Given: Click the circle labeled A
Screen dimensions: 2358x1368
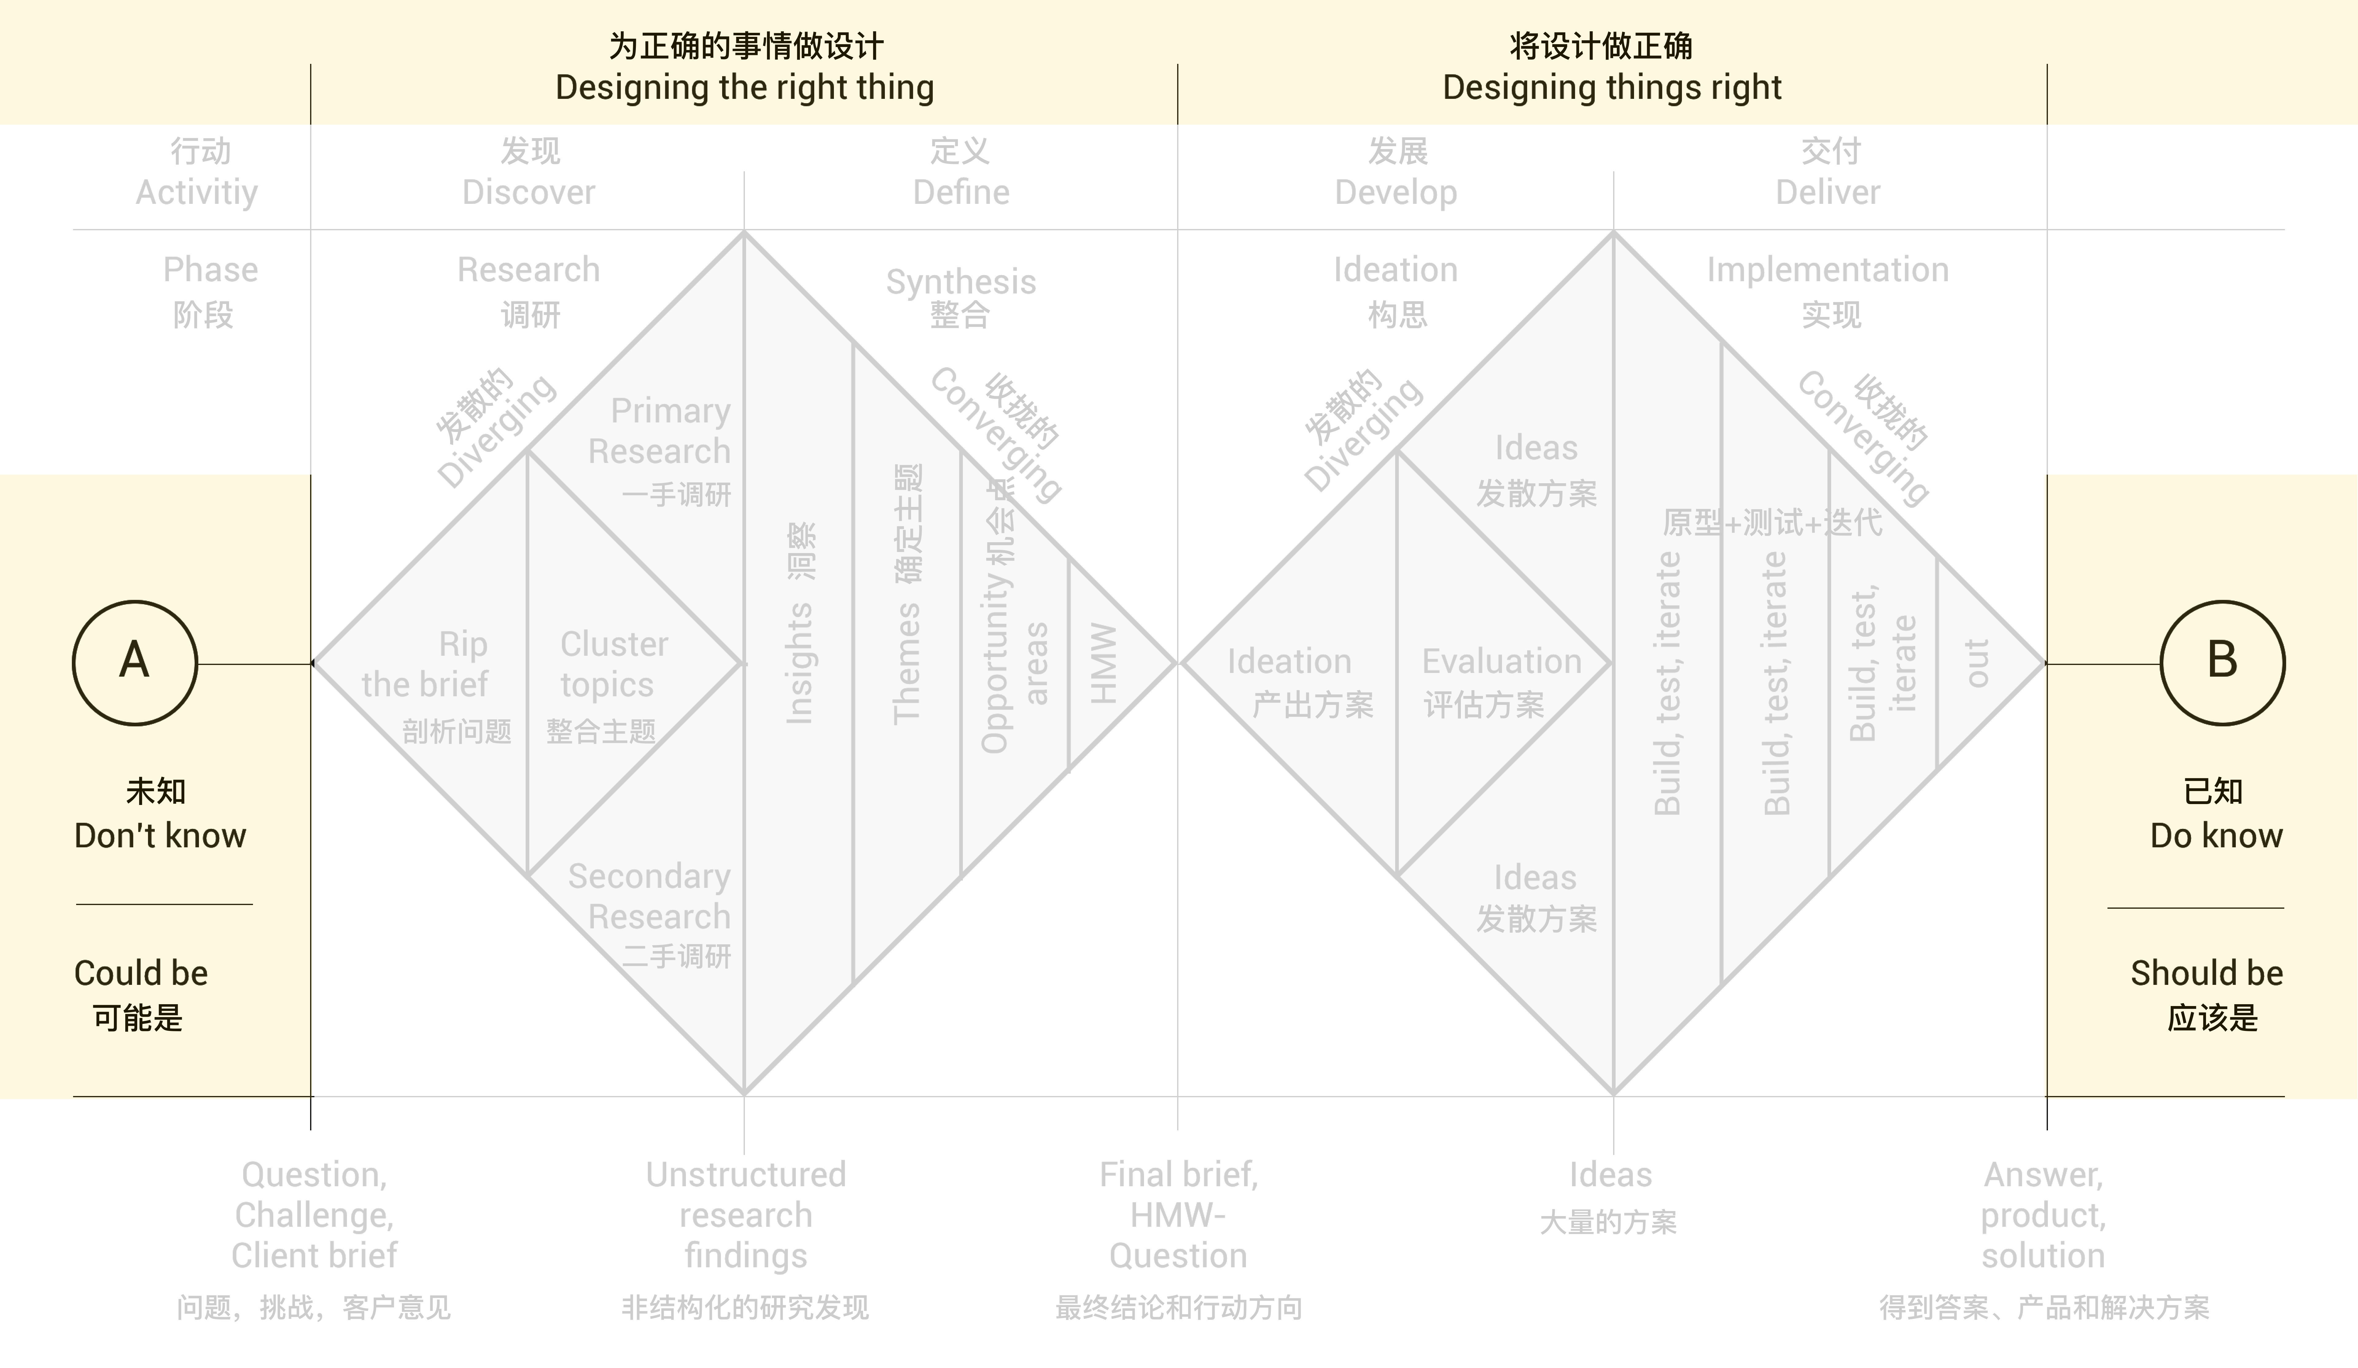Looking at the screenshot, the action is click(135, 663).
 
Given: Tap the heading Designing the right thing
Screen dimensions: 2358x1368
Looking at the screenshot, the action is click(745, 87).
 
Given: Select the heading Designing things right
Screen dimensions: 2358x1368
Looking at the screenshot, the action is click(1611, 87).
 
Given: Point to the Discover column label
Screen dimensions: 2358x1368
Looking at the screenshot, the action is click(529, 192).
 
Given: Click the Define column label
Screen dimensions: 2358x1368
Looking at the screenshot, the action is click(961, 192).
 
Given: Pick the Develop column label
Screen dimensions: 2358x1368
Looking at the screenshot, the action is click(1395, 192).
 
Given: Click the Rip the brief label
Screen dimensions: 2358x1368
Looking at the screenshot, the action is click(426, 664).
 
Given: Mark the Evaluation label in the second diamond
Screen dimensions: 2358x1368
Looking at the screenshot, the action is click(1501, 662).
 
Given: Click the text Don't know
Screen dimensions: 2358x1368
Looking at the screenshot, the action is click(160, 836).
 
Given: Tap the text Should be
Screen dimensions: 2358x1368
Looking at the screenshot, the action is click(2206, 973).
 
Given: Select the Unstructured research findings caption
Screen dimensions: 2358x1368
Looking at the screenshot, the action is click(746, 1214).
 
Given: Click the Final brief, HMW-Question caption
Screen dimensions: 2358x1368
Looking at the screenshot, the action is click(1178, 1214).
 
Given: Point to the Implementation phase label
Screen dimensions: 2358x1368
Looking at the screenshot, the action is click(1827, 270).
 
